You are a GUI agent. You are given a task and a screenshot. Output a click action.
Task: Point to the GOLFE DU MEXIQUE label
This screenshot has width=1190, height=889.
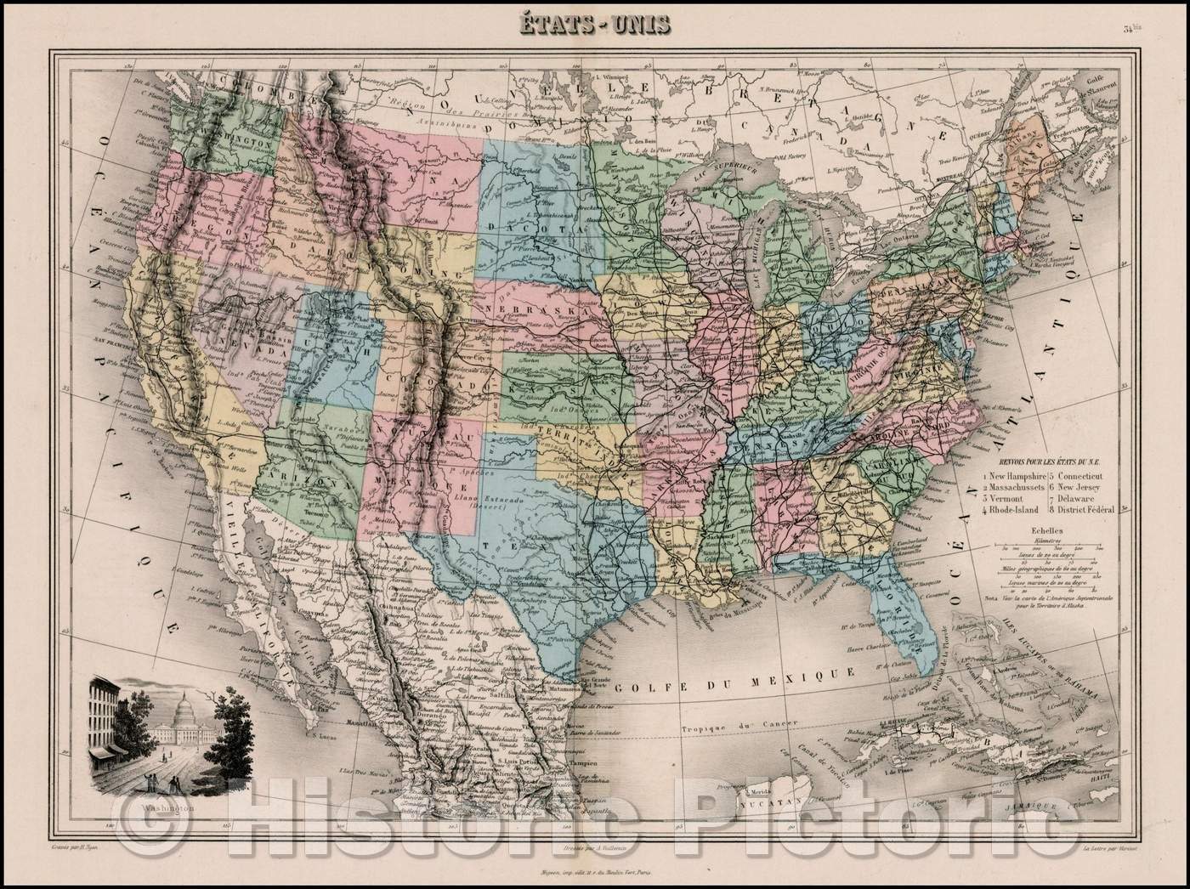[734, 674]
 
